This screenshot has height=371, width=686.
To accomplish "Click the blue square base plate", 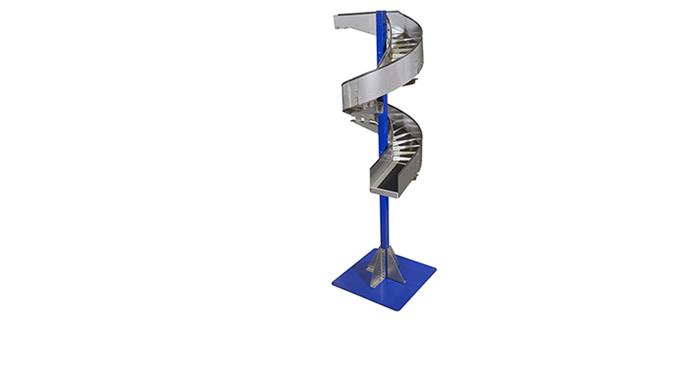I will click(392, 285).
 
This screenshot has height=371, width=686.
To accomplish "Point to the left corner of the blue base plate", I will click(333, 283).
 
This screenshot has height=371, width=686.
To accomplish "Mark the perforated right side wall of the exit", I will click(410, 173).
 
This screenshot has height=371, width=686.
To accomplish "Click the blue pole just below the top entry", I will click(382, 40).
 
